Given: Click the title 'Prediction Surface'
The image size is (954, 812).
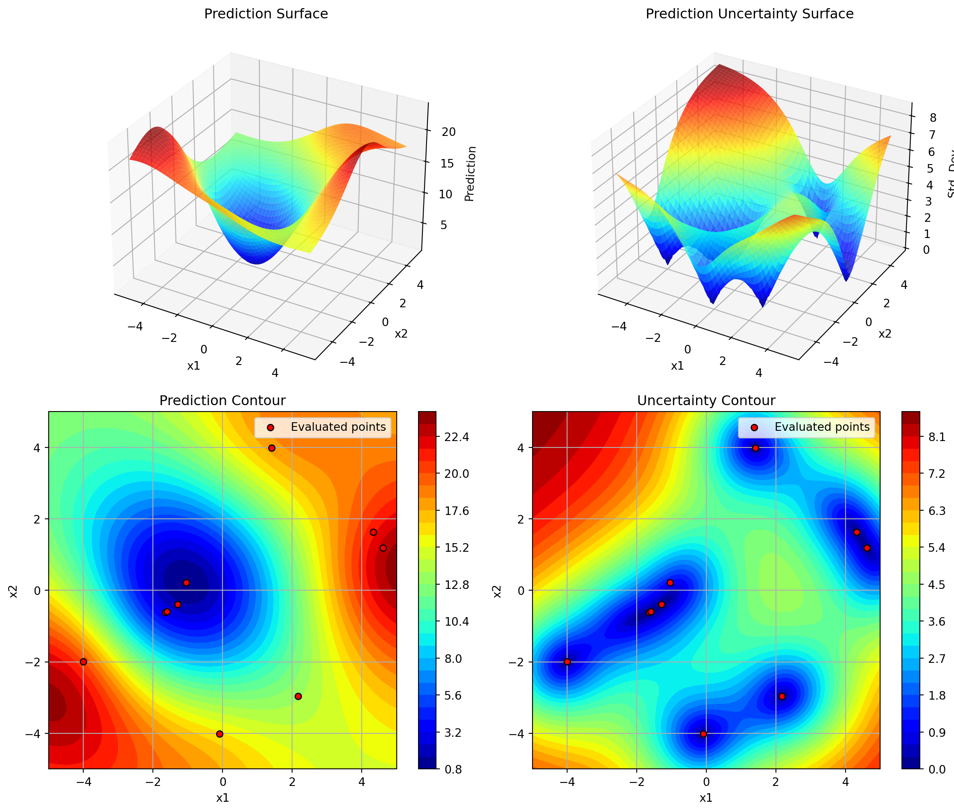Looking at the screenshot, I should pos(266,14).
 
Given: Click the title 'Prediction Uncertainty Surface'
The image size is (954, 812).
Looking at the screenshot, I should pos(749,14).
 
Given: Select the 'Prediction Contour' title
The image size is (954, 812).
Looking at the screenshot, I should pos(222,400).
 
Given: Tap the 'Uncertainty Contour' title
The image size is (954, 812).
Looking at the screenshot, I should pos(706,400).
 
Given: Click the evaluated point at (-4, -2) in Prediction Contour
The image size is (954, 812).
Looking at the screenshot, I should pos(83,662).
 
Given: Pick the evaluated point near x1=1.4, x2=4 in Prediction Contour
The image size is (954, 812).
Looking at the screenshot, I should pos(272,448).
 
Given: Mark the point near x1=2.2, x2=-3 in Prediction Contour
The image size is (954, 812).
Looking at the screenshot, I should pos(298,697).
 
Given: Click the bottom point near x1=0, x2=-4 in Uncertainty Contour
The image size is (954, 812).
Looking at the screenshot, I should pos(703,734).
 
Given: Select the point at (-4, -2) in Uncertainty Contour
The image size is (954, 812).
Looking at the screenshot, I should pos(567,662).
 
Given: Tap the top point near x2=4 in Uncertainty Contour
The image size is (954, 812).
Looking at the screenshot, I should pos(755,448).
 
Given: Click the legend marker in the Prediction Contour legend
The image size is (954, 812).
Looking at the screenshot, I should pos(270,428).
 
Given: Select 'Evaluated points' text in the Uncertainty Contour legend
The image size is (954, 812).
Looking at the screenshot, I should pos(822,427).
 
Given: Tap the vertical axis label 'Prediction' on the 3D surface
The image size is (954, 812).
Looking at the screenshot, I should pos(470,174).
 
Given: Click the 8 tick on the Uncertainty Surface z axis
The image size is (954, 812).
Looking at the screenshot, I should pos(933,118).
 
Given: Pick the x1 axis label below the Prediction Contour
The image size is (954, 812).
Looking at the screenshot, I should pos(222,798).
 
